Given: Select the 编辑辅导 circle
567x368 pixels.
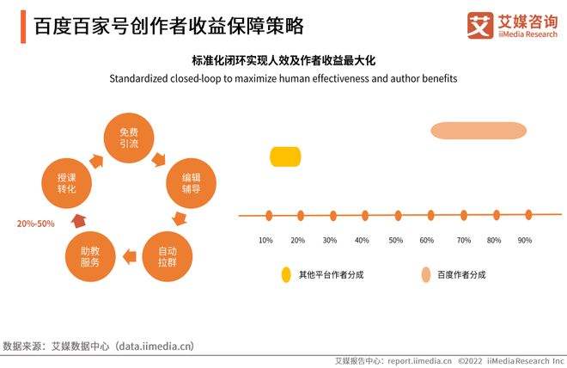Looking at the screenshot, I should [x=191, y=183].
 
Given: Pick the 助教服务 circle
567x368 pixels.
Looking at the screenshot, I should [x=90, y=255].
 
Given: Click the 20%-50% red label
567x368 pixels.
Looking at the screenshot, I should [x=35, y=224].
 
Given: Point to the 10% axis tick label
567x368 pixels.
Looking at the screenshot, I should [x=266, y=240].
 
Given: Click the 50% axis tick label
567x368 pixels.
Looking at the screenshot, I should [x=396, y=240].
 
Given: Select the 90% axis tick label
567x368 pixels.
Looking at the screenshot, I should [x=524, y=240].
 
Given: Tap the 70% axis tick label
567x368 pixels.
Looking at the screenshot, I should [x=464, y=240].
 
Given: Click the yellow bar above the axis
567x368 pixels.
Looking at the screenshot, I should [x=286, y=156].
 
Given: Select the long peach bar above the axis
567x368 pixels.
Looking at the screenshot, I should [x=478, y=131].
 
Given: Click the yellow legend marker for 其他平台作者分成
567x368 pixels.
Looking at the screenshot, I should [x=286, y=275].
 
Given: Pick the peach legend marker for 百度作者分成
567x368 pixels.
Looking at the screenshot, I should [x=425, y=275].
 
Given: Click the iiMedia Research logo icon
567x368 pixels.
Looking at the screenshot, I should [x=479, y=26].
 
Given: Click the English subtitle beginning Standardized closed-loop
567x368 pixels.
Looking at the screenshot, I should [x=283, y=78].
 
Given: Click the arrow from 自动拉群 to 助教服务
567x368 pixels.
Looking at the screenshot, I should [x=128, y=255].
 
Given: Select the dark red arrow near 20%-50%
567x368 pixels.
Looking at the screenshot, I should [x=77, y=220].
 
